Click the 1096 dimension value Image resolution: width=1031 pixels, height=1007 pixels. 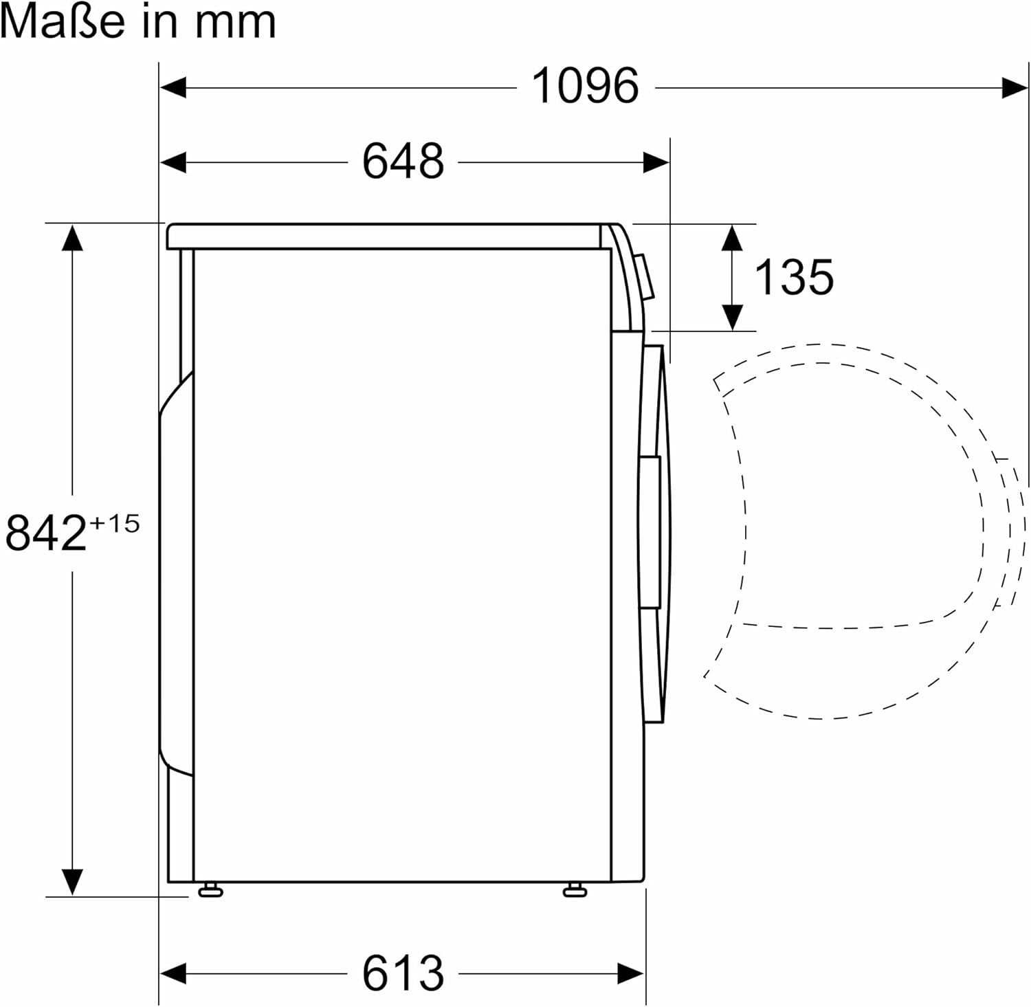(585, 87)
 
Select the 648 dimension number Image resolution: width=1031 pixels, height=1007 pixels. (403, 162)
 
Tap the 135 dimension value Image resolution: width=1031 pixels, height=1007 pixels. (794, 277)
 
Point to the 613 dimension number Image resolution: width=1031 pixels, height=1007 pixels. (403, 973)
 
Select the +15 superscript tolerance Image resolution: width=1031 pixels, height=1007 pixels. (114, 524)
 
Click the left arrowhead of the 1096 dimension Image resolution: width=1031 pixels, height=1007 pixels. (173, 87)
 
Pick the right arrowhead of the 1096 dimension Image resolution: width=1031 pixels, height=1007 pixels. (1015, 87)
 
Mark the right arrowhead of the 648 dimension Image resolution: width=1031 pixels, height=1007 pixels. (656, 163)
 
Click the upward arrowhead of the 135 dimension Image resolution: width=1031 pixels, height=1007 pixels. (733, 237)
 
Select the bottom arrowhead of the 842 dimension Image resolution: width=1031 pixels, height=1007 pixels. (72, 881)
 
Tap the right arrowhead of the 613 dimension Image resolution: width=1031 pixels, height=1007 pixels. (631, 973)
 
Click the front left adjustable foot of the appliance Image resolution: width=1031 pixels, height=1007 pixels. (210, 891)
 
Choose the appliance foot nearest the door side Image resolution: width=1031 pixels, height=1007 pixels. (575, 891)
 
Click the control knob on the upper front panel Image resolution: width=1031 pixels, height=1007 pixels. (645, 277)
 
